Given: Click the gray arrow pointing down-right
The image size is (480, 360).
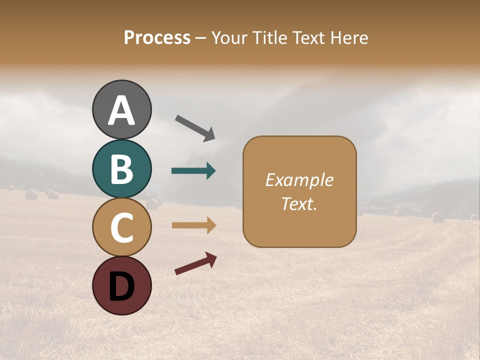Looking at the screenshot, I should (x=195, y=128).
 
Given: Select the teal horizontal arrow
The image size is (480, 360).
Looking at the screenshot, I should (x=193, y=171).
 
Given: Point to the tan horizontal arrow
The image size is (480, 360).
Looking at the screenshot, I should (x=193, y=225).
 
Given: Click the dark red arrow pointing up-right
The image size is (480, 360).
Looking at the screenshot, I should (x=195, y=263).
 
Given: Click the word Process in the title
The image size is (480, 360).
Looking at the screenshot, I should (x=157, y=37).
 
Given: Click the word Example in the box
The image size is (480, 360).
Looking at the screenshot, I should (x=299, y=180).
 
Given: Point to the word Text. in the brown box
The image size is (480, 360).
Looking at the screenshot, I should (x=299, y=203).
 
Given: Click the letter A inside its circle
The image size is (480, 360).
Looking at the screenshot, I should (x=121, y=111).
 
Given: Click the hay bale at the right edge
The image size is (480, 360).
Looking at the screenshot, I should (x=438, y=217).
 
